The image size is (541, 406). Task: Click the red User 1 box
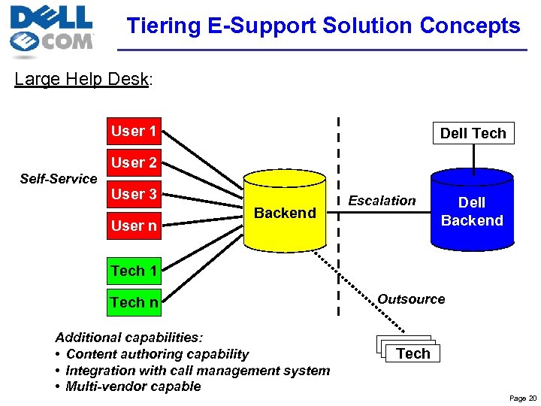134,132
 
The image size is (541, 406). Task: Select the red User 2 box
134,163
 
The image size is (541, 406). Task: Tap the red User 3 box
134,195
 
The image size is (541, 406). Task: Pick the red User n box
134,226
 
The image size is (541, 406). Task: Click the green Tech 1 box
134,271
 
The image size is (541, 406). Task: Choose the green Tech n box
134,302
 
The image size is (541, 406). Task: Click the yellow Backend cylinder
285,214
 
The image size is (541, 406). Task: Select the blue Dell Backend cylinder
472,211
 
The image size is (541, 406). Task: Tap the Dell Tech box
473,133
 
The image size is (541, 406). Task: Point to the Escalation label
382,201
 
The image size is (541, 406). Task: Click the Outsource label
411,299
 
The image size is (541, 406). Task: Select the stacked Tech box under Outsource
413,353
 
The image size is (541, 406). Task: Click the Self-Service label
59,179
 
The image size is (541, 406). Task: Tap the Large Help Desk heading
83,79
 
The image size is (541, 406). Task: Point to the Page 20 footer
522,398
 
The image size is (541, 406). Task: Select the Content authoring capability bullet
156,354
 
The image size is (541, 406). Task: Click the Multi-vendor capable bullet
132,386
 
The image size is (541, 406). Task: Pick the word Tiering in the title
164,26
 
